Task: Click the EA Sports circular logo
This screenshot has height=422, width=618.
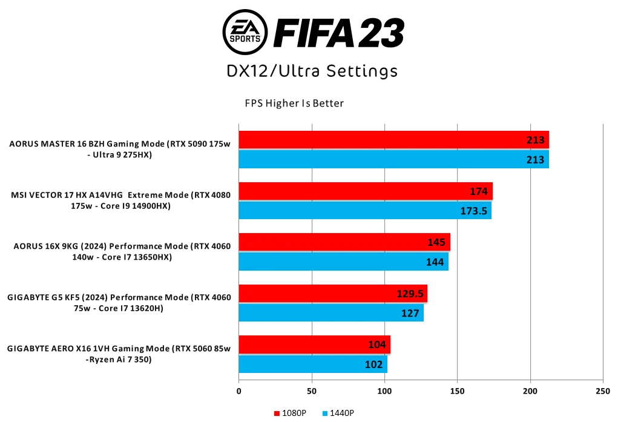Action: [x=246, y=31]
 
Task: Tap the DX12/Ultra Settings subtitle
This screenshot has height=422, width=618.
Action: [x=312, y=71]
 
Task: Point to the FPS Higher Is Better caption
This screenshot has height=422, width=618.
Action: [x=294, y=104]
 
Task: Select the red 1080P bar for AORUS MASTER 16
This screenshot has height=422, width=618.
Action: [x=393, y=140]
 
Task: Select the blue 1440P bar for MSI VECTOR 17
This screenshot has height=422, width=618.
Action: [x=365, y=210]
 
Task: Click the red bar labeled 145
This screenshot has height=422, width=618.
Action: [x=344, y=242]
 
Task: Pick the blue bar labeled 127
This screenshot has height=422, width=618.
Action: [x=331, y=312]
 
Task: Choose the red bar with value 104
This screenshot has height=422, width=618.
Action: [x=314, y=345]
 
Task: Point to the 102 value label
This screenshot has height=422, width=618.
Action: [x=373, y=364]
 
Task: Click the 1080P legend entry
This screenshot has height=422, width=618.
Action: [x=290, y=413]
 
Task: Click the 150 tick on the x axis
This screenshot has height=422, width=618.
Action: [x=458, y=391]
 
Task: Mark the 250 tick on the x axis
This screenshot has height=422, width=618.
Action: [x=603, y=391]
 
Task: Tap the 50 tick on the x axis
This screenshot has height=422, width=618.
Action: [x=312, y=391]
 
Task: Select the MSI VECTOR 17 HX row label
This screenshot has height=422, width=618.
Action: [x=121, y=200]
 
